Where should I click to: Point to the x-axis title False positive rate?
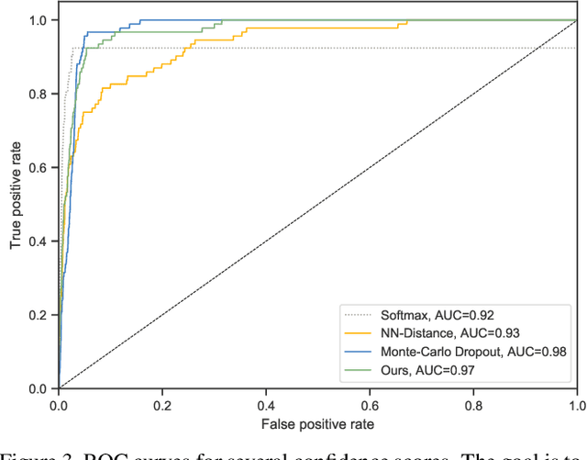[x=316, y=423]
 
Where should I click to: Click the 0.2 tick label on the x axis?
[x=162, y=404]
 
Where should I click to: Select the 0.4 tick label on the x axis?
[x=266, y=404]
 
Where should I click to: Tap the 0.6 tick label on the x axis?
[x=370, y=404]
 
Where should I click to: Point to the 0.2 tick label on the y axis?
[x=39, y=314]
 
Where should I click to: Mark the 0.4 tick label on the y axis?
[x=39, y=241]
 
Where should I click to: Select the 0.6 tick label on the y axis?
[x=39, y=167]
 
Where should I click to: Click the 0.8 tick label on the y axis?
[x=39, y=94]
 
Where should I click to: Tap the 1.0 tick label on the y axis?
[x=39, y=20]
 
